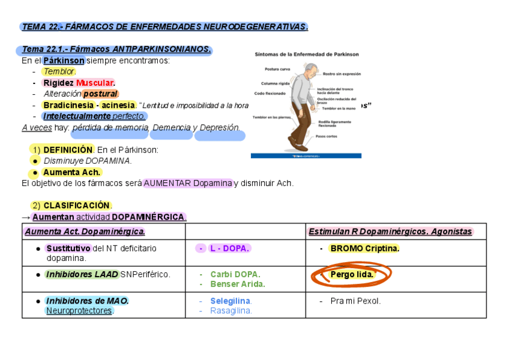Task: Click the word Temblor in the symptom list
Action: tap(59, 72)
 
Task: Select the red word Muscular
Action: tap(95, 83)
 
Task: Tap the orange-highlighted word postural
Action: tap(101, 94)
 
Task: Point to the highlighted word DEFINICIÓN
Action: tap(68, 149)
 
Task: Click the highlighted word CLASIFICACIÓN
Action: tap(77, 205)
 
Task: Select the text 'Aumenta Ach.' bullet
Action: tap(71, 172)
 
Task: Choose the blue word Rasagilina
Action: tap(230, 311)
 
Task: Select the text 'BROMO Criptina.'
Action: tap(364, 248)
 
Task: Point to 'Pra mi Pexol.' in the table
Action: tap(355, 301)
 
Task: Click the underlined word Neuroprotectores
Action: tap(79, 311)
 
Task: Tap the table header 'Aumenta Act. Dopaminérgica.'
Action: tap(85, 232)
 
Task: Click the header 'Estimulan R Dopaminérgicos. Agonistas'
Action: tap(390, 232)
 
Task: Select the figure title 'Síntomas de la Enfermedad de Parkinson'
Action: tap(307, 54)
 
